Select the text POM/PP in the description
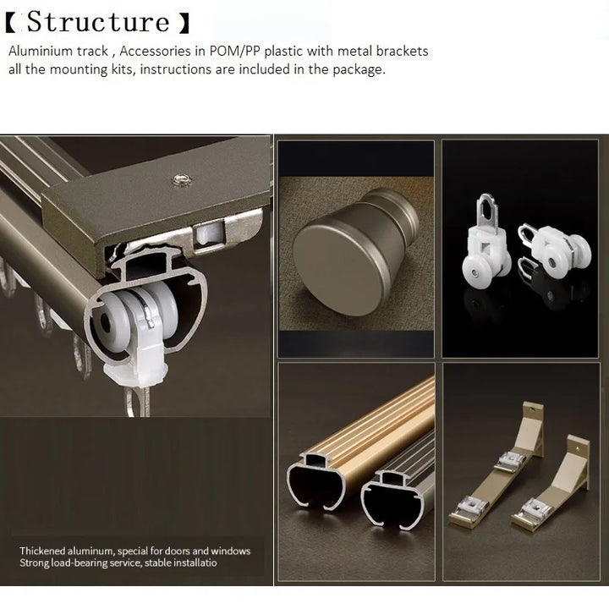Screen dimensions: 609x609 click(262, 52)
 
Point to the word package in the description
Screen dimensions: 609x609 click(358, 69)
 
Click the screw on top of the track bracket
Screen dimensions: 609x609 click(178, 178)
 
